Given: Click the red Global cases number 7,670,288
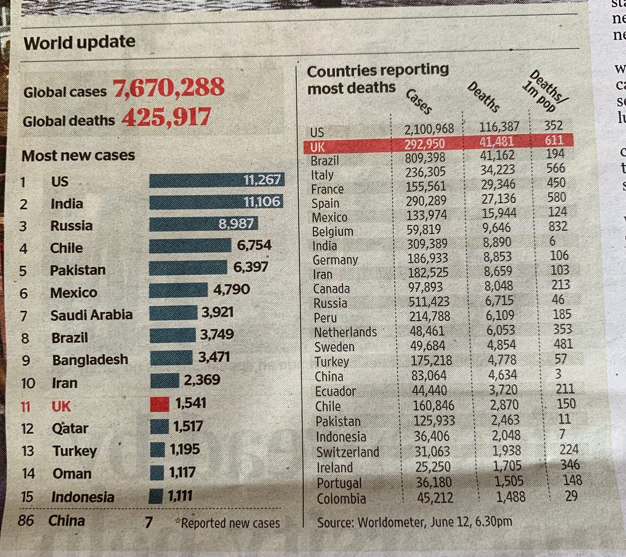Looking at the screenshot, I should pos(169,87).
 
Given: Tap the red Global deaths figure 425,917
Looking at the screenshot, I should pos(166,117).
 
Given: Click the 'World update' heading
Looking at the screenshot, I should pos(80,43).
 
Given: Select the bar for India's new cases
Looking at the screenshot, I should pos(216,202).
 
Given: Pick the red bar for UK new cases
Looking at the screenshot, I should pos(159,404).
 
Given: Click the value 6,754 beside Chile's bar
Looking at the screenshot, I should pos(254,245).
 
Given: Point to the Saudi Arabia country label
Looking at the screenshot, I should pos(91,315).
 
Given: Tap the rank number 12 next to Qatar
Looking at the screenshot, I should pos(27,428).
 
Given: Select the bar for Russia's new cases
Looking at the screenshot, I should pos(203,224).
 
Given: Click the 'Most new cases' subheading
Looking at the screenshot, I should pos(78,155).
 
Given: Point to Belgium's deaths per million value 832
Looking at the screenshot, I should pos(558,226).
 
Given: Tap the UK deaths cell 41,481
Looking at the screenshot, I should pos(497,142).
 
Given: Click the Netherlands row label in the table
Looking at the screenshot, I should pos(345,332).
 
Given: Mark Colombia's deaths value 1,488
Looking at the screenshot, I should pos(511,497).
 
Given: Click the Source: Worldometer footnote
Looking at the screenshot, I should pos(415,522).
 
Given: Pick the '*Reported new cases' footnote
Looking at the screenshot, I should pos(228,523).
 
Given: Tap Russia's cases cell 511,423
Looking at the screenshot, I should pos(429,301).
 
